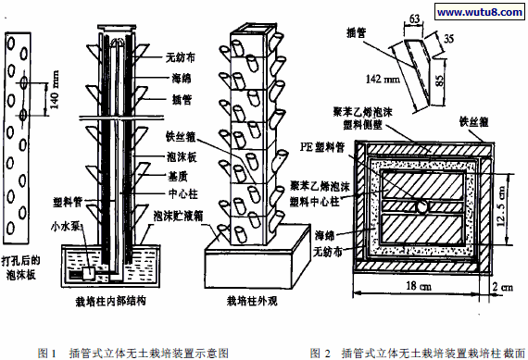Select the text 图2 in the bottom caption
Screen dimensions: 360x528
tap(320, 352)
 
